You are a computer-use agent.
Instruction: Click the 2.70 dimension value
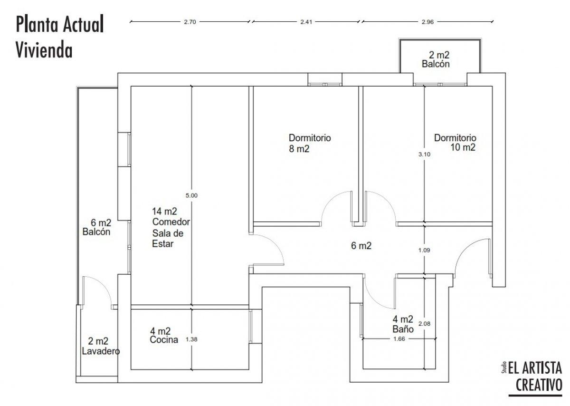coord(190,22)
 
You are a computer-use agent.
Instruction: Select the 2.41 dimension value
coord(306,22)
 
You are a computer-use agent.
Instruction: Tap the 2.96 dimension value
coord(427,22)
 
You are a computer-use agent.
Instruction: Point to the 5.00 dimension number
coord(191,195)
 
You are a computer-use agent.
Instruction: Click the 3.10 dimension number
coord(424,154)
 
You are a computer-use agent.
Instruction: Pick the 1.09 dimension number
coord(424,250)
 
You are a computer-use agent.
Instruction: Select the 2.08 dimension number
coord(425,323)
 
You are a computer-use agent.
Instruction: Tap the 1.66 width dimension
coord(399,339)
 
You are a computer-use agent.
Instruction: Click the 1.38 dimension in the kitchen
coord(191,339)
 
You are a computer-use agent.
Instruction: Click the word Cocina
coord(164,339)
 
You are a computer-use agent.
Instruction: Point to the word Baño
coord(403,329)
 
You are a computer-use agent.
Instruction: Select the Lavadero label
coord(101,351)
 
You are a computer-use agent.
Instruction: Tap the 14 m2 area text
coord(164,211)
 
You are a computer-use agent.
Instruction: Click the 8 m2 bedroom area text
coord(299,149)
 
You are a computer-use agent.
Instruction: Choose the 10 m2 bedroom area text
coord(463,147)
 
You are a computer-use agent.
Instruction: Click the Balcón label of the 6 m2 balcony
coord(96,232)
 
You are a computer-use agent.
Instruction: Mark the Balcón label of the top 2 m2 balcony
coord(436,64)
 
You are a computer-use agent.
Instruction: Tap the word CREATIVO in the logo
coord(539,385)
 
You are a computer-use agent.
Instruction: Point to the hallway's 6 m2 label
coord(361,245)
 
